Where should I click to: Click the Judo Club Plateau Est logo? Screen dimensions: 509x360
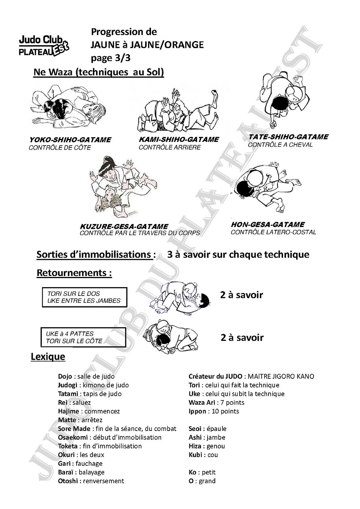pyautogui.click(x=44, y=46)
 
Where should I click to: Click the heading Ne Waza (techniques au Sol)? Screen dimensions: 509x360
pyautogui.click(x=98, y=72)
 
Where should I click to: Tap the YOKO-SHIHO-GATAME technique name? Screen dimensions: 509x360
pyautogui.click(x=70, y=140)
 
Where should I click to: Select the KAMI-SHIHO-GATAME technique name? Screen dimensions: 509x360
pyautogui.click(x=179, y=139)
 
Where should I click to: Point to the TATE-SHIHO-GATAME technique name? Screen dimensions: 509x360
pyautogui.click(x=288, y=137)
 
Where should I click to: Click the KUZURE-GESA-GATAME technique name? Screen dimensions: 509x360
pyautogui.click(x=124, y=227)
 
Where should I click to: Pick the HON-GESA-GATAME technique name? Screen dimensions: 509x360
pyautogui.click(x=267, y=224)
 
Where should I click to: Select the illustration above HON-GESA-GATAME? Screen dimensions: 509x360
pyautogui.click(x=266, y=187)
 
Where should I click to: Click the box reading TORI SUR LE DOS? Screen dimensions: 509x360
pyautogui.click(x=85, y=297)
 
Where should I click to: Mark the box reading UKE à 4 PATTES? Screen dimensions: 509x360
pyautogui.click(x=83, y=337)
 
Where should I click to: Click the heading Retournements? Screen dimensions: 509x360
pyautogui.click(x=74, y=273)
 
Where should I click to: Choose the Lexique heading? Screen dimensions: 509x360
pyautogui.click(x=48, y=357)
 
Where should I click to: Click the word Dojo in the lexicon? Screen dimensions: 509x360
pyautogui.click(x=65, y=376)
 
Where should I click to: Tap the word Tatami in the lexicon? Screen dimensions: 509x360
pyautogui.click(x=68, y=394)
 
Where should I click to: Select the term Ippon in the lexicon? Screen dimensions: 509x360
pyautogui.click(x=197, y=411)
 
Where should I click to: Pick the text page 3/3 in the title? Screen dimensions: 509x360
pyautogui.click(x=110, y=58)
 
